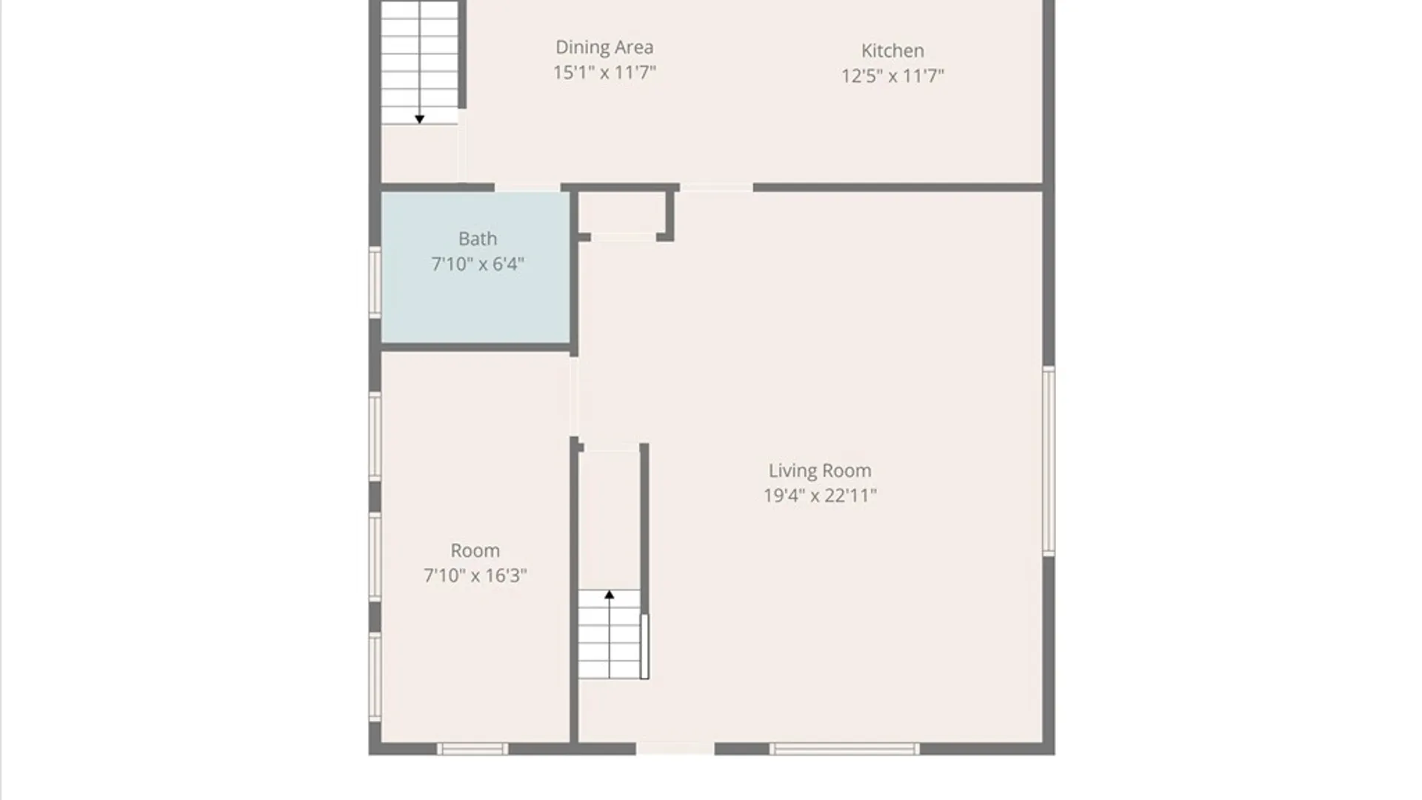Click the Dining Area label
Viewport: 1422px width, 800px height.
tap(604, 47)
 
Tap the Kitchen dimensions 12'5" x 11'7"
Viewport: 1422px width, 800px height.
tap(892, 76)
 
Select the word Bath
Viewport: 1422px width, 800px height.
tap(478, 239)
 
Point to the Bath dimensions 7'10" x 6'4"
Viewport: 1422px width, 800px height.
tap(478, 264)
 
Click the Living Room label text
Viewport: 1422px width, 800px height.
tap(820, 470)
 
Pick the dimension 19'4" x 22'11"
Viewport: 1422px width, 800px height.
tap(820, 496)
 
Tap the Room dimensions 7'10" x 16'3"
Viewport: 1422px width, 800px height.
tap(475, 576)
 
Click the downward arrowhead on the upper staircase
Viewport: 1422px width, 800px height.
tap(419, 119)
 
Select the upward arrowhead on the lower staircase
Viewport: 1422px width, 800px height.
tap(610, 594)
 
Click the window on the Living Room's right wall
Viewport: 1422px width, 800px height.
tap(1049, 461)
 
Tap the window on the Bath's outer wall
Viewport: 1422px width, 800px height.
tap(375, 282)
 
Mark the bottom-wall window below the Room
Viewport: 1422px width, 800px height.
tap(473, 749)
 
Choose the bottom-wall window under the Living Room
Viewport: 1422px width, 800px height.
tap(844, 749)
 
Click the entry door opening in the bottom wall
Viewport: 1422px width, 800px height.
tap(675, 748)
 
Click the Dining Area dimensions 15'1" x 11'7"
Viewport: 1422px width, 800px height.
tap(604, 73)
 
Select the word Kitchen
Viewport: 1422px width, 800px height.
tap(892, 50)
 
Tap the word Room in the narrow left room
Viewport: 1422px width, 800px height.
tap(475, 550)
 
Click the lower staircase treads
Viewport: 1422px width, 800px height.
tap(610, 634)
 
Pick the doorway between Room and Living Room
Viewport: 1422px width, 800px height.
tap(574, 397)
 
